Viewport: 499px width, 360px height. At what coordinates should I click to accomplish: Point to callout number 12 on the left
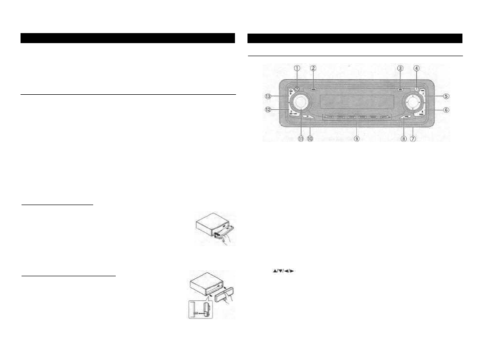tap(269, 109)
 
